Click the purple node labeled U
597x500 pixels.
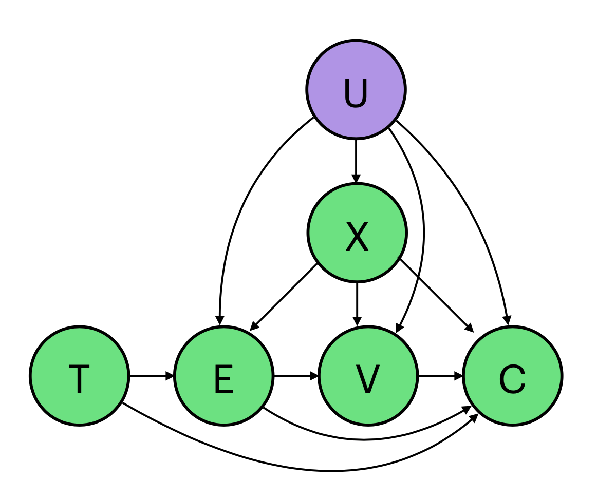(356, 89)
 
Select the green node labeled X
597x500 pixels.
(357, 233)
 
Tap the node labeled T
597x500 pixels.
(79, 376)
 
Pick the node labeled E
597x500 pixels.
(223, 376)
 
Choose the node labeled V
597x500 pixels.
(368, 376)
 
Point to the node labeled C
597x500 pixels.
(512, 376)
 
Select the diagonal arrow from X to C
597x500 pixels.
(434, 294)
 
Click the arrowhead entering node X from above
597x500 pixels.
(356, 178)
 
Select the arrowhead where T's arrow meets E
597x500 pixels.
(170, 376)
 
